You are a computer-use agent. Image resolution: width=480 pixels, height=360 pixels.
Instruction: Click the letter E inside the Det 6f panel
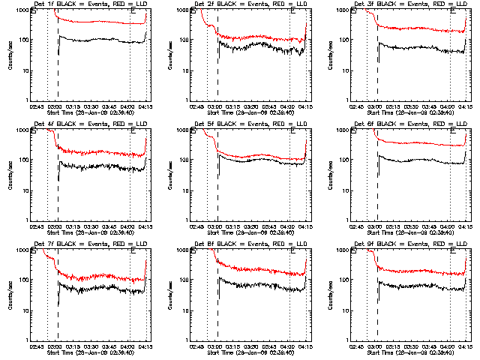[454, 130]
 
